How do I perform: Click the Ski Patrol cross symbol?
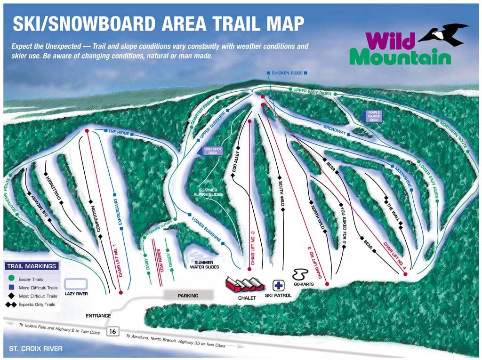tap(279, 286)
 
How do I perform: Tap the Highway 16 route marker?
tap(112, 331)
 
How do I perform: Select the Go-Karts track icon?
tap(300, 274)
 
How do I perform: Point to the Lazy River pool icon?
tap(75, 284)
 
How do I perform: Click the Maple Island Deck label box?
tap(374, 116)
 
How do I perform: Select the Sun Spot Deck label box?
tap(211, 151)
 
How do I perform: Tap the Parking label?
tap(188, 296)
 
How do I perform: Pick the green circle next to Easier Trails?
tap(11, 279)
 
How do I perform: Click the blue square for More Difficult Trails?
tap(11, 288)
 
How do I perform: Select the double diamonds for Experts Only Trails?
tap(11, 304)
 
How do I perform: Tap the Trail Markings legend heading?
tap(32, 266)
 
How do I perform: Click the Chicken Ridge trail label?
tap(287, 73)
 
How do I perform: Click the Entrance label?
tap(98, 316)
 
